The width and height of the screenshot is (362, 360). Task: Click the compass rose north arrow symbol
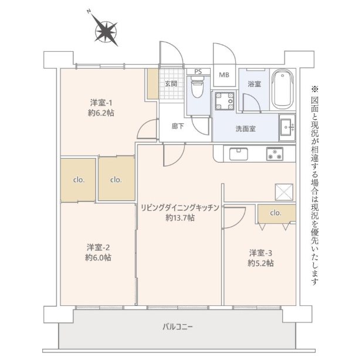106,32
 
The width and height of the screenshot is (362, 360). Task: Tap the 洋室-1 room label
101,102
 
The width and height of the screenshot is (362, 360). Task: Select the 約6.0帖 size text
99,257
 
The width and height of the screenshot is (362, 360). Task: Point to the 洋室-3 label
260,253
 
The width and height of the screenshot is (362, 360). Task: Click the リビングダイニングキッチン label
180,208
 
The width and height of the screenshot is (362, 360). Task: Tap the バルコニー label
178,327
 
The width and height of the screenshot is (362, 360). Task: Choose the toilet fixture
198,89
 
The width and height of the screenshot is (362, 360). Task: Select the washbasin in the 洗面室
287,127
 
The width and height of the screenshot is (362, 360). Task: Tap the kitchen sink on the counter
238,154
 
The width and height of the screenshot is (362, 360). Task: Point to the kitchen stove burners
275,154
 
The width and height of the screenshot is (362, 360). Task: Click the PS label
198,72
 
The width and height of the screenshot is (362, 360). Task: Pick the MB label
224,75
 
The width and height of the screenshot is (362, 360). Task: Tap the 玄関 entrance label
171,83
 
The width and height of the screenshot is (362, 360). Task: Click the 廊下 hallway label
178,126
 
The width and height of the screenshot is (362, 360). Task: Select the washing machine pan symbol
224,101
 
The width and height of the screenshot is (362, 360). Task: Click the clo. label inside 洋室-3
276,213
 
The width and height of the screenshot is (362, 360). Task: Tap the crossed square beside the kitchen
284,192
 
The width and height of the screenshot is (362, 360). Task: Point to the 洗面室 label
245,129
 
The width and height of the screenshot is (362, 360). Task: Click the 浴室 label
254,84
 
